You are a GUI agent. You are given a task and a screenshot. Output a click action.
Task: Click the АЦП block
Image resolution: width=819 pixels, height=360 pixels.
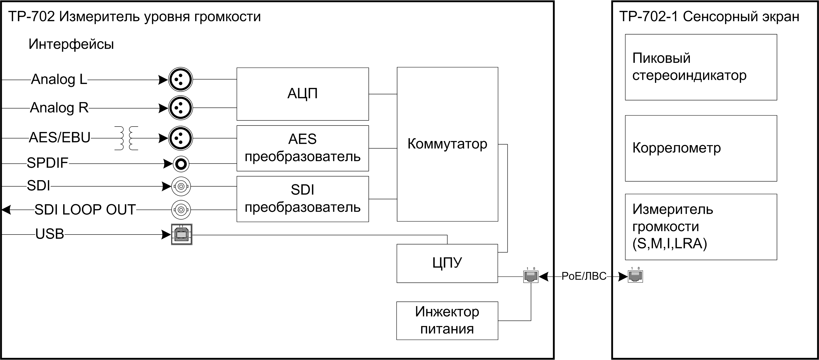pos(302,94)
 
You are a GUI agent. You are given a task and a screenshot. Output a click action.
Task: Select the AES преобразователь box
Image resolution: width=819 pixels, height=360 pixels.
pos(302,148)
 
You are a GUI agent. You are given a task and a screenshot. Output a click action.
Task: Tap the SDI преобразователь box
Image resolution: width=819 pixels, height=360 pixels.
pos(302,199)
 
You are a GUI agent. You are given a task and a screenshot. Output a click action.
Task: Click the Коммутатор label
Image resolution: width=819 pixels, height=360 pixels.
pos(447,144)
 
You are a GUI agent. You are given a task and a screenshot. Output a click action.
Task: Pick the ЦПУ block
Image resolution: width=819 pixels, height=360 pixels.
pos(447,263)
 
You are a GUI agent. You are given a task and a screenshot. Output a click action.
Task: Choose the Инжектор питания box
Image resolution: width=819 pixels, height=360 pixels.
pos(447,320)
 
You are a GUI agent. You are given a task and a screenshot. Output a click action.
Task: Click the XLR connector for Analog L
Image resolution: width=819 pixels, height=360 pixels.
pos(180,80)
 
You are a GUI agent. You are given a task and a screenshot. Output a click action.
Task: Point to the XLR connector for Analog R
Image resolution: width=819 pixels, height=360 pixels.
pos(180,108)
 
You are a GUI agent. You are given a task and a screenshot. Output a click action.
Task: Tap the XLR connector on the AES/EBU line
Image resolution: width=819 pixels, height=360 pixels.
pos(180,138)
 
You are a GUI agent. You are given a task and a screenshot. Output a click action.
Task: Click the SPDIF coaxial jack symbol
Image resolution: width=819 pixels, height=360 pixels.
pos(181,164)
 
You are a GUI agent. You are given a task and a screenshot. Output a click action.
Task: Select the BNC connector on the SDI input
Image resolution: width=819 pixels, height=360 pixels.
pos(181,186)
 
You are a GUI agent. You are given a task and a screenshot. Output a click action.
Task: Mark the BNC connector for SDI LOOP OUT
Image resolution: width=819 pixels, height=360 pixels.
pos(181,210)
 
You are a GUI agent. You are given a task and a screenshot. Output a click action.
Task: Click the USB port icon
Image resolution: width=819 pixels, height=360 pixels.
pos(181,235)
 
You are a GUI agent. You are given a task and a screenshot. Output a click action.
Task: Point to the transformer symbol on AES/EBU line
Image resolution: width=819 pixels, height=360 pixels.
pos(127,138)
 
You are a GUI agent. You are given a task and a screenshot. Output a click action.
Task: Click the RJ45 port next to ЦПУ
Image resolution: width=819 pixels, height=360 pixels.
pos(531,276)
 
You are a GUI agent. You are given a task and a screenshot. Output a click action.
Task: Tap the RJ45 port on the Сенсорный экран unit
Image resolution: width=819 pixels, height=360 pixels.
pos(635,276)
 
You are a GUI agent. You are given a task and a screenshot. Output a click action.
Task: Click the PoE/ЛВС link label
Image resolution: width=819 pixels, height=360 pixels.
pos(584,276)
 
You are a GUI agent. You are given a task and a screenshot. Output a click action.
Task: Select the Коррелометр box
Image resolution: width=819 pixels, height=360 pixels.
pos(701,148)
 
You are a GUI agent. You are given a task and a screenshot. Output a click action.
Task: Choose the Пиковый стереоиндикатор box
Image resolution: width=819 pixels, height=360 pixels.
pos(701,67)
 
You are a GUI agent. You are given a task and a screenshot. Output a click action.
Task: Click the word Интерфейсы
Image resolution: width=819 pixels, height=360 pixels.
pos(71,44)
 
